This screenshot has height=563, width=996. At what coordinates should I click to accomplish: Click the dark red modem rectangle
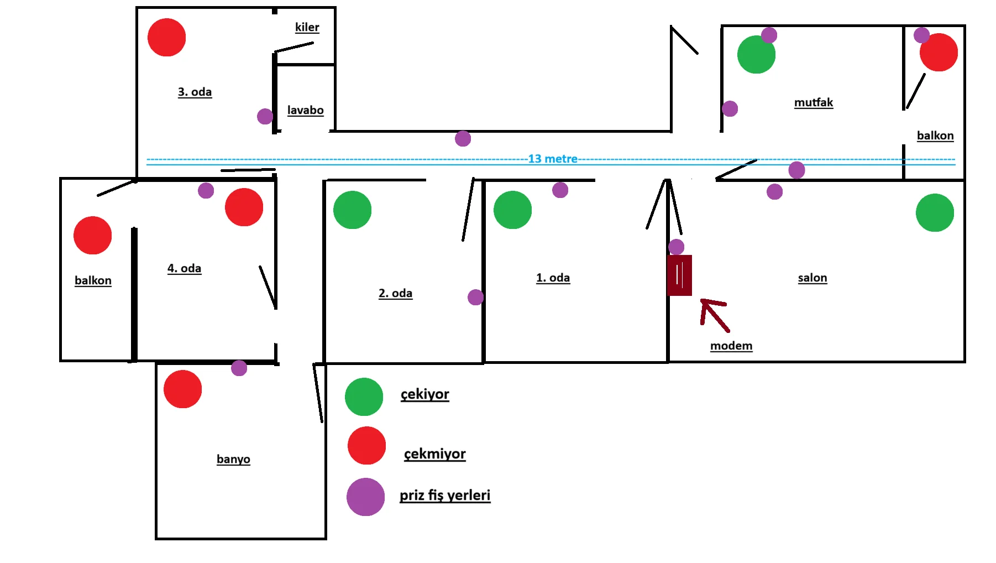[x=679, y=275]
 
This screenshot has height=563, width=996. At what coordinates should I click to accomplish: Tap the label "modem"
[x=731, y=346]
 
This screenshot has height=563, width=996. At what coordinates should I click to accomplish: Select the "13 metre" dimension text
[x=552, y=159]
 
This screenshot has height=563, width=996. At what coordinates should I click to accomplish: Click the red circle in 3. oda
[x=166, y=38]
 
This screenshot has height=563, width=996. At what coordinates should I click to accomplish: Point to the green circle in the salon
[x=934, y=212]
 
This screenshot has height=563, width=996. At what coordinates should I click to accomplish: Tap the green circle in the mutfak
[x=756, y=55]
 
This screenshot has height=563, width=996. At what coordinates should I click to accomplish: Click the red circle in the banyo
[x=182, y=389]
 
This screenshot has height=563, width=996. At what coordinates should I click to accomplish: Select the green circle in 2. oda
[x=352, y=210]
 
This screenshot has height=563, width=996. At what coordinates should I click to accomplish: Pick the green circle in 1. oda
[x=512, y=210]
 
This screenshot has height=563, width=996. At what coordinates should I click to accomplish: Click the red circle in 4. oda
[x=244, y=207]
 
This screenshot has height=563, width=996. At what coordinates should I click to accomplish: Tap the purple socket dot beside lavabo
[x=265, y=116]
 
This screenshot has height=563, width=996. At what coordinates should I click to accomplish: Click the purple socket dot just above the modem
[x=676, y=247]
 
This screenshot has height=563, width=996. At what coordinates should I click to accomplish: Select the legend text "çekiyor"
[x=424, y=394]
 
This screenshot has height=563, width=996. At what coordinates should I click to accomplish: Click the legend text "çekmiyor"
[x=434, y=454]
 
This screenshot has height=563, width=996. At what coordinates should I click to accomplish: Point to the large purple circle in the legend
[x=365, y=497]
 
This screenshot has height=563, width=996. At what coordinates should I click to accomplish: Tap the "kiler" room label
[x=307, y=27]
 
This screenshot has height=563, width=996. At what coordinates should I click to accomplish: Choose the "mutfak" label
[x=813, y=102]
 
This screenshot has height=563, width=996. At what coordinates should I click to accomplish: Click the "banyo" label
[x=233, y=459]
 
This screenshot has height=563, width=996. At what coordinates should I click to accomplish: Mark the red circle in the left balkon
[x=92, y=236]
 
